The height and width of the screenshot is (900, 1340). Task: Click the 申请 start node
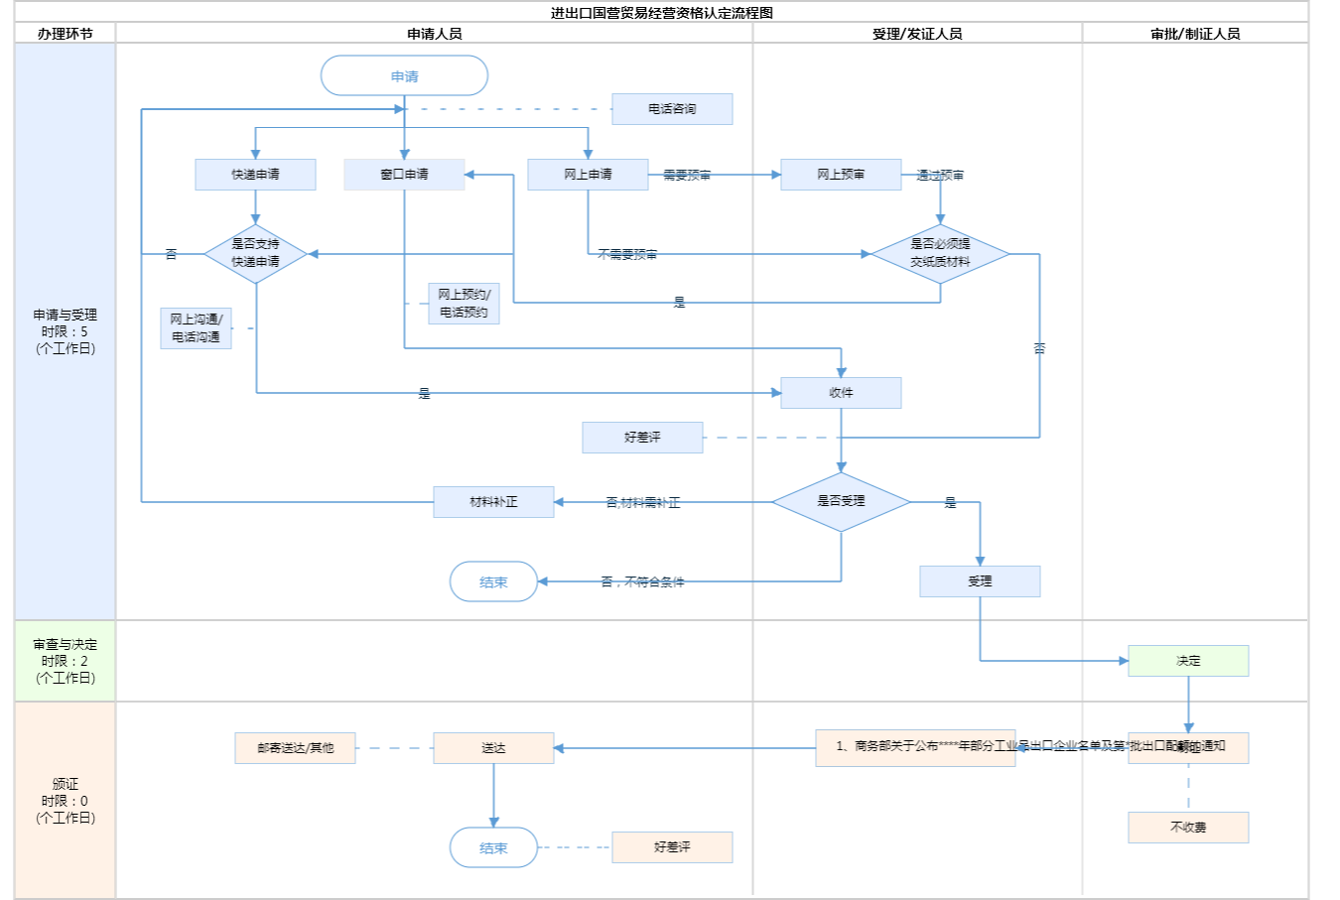tap(404, 76)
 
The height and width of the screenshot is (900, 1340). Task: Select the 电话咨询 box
tap(672, 109)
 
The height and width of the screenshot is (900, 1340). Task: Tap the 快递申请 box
tap(255, 175)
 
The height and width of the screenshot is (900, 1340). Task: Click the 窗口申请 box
tap(404, 175)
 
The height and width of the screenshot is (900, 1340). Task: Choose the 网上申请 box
tap(588, 175)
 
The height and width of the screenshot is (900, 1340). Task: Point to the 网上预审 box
tap(841, 175)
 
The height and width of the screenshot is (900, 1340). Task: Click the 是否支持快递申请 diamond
tap(255, 253)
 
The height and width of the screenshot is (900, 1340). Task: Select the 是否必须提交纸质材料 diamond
tap(940, 253)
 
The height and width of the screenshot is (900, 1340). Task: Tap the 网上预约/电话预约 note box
tap(464, 304)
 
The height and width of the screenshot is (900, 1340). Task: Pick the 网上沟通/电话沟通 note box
tap(196, 328)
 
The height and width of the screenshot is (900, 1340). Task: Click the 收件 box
tap(841, 393)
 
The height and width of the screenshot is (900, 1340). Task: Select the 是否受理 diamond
tap(841, 501)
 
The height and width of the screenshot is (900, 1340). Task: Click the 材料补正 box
tap(493, 502)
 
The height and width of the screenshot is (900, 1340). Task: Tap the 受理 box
tap(980, 581)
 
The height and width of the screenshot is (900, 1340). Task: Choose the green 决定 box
tap(1188, 661)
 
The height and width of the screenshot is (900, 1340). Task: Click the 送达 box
tap(493, 748)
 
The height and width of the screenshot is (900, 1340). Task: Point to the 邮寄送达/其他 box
tap(295, 748)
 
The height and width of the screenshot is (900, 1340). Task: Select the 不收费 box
tap(1188, 828)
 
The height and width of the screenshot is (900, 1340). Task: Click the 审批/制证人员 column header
tap(1195, 34)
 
